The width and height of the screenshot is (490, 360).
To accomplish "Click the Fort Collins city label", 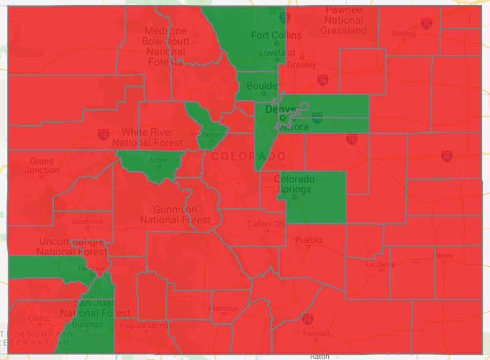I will tap(276, 36).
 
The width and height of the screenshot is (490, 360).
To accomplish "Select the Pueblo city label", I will tap(309, 240).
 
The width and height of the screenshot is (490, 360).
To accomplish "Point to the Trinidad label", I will tap(315, 334).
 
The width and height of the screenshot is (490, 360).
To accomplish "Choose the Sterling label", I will tap(403, 34).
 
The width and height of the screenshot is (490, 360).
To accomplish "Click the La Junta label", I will tap(378, 264).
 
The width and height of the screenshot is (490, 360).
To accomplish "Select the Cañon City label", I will tap(266, 224).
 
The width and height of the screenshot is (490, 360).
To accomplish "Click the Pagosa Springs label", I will tap(146, 326).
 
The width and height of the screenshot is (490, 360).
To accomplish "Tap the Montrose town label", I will tap(87, 222).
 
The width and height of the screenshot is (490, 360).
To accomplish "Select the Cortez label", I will tap(40, 318).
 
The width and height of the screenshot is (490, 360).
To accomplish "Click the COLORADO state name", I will tap(249, 157).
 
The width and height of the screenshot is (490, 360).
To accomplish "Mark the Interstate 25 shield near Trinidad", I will tap(307, 320).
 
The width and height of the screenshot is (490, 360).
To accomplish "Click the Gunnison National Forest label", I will tap(175, 214).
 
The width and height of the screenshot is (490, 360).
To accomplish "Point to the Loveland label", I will tap(277, 53).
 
